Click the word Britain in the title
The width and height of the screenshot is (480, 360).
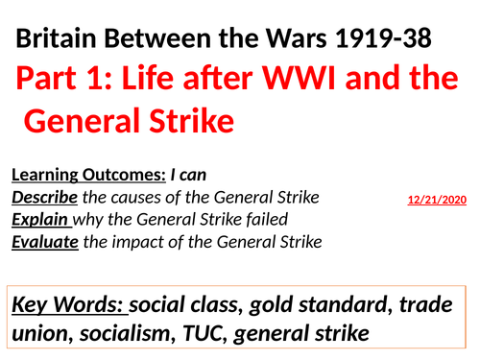pos(58,42)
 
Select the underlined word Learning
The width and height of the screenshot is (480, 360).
pos(47,176)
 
